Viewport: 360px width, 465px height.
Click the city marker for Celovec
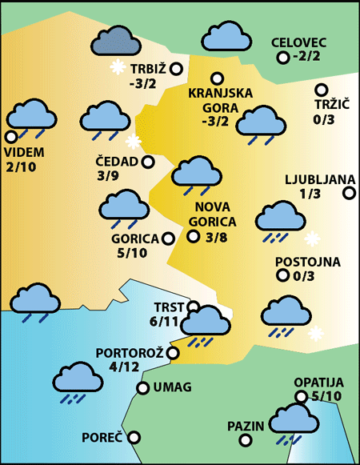282,58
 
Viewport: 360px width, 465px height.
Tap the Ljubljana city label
314,179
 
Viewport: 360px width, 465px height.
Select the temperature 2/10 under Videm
21,167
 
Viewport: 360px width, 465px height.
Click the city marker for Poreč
134,437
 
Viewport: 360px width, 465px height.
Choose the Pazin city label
245,426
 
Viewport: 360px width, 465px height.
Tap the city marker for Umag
143,388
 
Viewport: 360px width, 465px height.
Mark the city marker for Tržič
322,90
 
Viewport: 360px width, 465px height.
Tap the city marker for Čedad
148,162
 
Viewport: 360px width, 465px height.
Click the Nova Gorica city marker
193,235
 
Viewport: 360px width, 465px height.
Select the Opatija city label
318,382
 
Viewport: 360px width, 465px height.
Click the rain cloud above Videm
31,117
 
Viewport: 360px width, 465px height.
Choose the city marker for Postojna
282,276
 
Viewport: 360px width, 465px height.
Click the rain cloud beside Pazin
294,421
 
